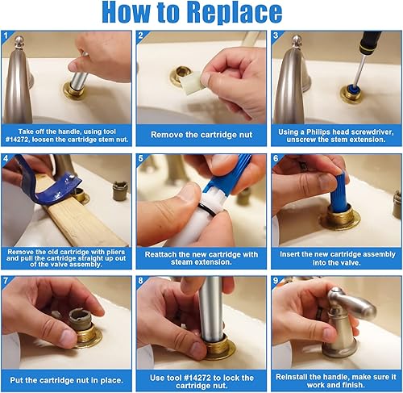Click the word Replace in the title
[234, 13]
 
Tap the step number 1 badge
[6, 36]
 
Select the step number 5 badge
[141, 158]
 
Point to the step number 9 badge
[276, 280]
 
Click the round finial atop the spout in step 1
[19, 41]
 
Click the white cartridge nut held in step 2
[193, 82]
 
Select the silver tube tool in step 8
[212, 309]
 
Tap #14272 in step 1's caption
[17, 140]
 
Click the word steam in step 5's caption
[181, 262]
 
